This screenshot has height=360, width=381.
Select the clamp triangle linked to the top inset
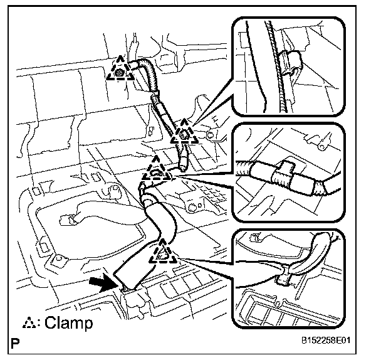click(x=185, y=132)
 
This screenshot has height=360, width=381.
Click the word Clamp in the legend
click(x=68, y=324)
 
